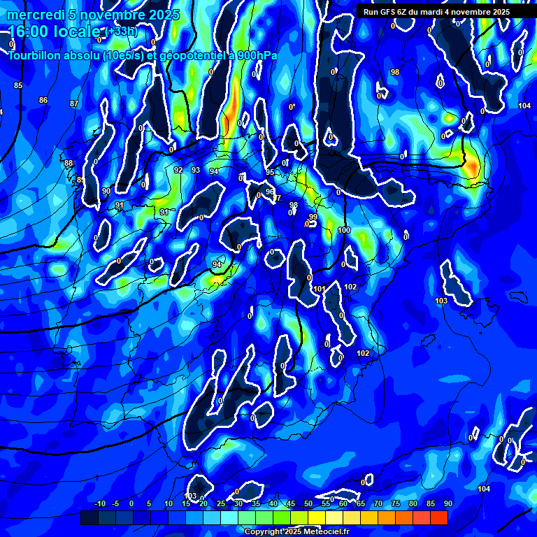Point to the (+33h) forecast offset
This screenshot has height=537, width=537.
pos(122,32)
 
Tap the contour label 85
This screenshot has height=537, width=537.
pos(18,85)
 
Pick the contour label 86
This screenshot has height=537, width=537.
pos(43,100)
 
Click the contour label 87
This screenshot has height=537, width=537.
pos(74,103)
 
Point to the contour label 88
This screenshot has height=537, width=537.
pos(69,163)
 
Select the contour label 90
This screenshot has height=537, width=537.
pos(106,191)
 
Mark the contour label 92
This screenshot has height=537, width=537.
pos(178,170)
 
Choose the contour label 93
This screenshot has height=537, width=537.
pos(196,170)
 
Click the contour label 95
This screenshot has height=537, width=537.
pos(270,172)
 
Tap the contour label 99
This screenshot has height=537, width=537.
pos(313,217)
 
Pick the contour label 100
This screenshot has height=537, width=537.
pos(344,230)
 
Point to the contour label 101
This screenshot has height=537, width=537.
pos(320,289)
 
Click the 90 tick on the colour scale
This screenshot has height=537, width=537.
pos(447,503)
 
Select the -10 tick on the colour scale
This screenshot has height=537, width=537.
pos(100,503)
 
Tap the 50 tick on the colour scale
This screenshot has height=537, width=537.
pos(308,503)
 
